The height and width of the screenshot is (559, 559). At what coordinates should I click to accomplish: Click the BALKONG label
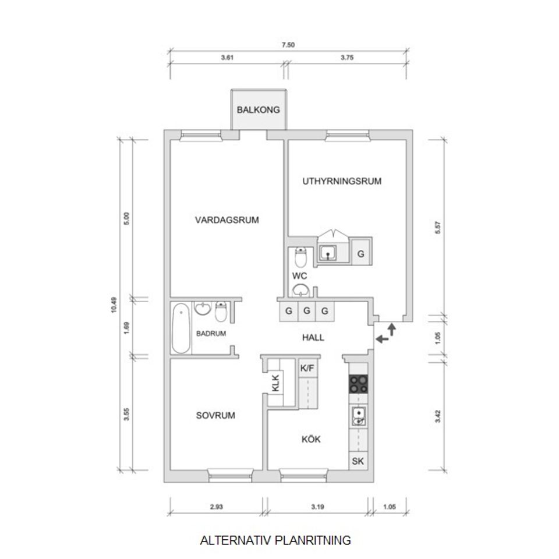pos(259,109)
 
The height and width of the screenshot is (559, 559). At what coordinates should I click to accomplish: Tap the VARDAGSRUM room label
pos(227,220)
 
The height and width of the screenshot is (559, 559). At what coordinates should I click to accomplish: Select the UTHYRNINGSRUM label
pos(342,181)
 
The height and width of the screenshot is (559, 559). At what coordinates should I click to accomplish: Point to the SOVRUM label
pos(215,416)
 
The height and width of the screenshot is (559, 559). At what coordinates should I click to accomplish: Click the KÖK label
pos(312,439)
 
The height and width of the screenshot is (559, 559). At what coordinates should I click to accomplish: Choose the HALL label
pos(313,338)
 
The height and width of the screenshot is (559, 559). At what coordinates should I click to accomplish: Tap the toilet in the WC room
pos(300,256)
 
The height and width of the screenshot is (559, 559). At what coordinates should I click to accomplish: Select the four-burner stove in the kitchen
pos(358,384)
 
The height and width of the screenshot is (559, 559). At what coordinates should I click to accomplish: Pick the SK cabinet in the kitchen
pos(358,462)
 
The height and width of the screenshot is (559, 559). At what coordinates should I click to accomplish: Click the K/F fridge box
pos(307,368)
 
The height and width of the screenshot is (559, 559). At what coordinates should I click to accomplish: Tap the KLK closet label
pos(276,384)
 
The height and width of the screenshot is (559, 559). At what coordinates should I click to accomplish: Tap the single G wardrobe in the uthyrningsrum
pos(361,254)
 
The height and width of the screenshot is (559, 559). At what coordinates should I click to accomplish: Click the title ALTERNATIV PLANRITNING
pos(275,540)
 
